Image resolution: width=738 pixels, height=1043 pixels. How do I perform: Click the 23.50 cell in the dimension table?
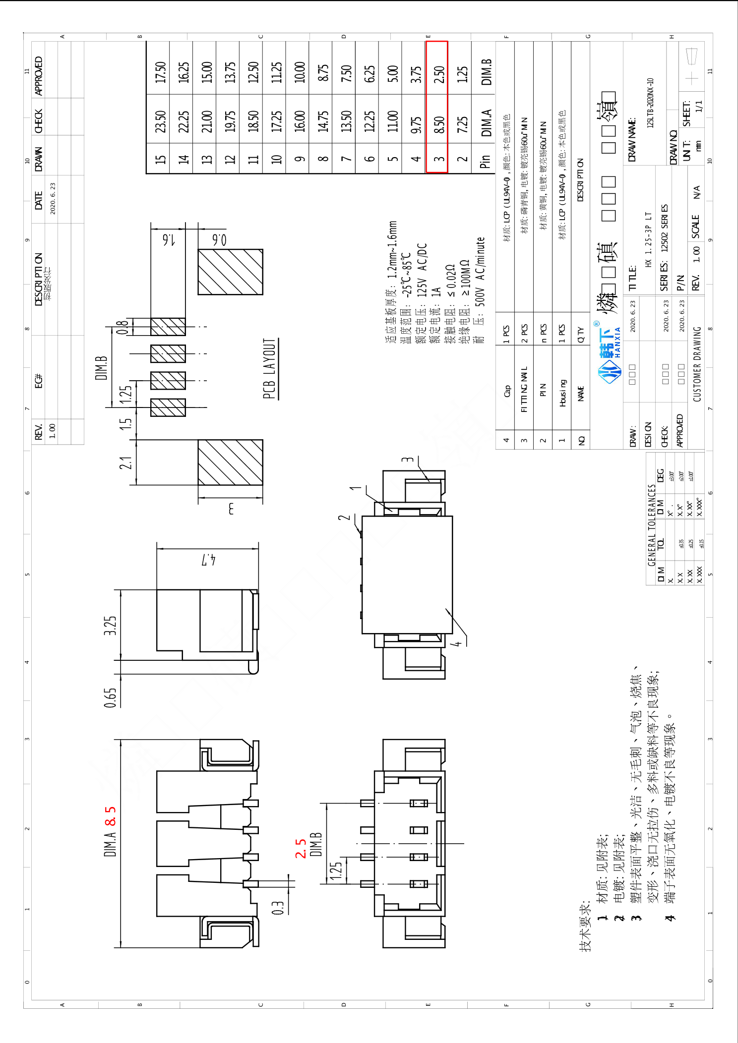tap(160, 121)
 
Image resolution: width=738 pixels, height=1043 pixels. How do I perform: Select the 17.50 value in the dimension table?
tap(160, 72)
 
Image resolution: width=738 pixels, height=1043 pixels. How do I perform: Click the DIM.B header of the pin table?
tap(487, 72)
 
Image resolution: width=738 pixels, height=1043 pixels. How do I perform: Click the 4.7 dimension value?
tap(208, 560)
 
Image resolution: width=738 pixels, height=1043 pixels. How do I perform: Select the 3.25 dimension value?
tap(110, 626)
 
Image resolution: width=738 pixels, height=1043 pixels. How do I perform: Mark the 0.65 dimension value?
tap(110, 697)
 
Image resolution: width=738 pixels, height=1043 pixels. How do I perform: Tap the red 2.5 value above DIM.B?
tap(301, 849)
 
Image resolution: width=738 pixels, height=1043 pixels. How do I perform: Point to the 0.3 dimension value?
tap(278, 908)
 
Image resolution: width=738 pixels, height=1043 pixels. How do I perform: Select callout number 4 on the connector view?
tap(457, 643)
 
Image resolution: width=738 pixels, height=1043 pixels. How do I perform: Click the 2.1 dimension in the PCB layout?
tap(126, 463)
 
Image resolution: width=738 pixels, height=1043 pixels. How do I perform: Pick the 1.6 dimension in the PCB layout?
tap(169, 240)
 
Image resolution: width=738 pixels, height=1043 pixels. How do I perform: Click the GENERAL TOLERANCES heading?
tap(652, 525)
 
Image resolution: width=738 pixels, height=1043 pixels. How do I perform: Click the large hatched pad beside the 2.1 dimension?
tap(230, 462)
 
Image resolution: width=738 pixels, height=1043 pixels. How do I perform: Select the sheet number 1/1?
tap(698, 106)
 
